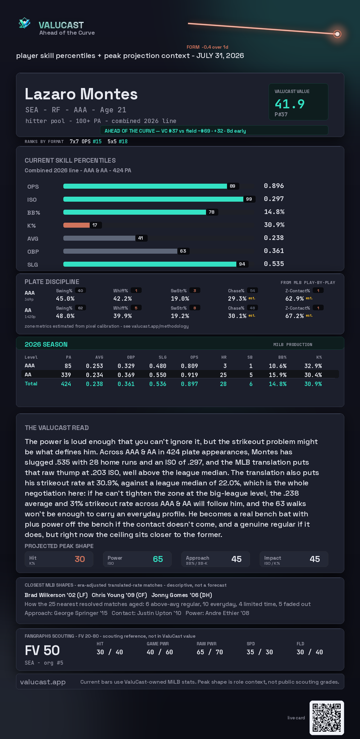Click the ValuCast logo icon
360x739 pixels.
(24, 23)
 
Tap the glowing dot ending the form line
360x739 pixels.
(337, 34)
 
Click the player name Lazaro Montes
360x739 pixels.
(81, 94)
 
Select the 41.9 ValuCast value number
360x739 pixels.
(290, 104)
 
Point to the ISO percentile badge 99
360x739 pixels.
(249, 199)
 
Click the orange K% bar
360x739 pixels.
(76, 225)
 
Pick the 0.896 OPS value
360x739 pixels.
(274, 186)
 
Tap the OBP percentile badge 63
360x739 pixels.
(183, 251)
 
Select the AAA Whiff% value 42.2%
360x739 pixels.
(122, 299)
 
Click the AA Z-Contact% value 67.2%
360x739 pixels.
(294, 316)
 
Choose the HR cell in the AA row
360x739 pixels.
(223, 375)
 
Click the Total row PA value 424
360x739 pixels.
(66, 384)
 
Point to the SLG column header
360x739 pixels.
(162, 357)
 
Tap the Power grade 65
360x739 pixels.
(158, 559)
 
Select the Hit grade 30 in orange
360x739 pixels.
(80, 559)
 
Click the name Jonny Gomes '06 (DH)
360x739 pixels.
(182, 595)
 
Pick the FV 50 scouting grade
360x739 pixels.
(42, 650)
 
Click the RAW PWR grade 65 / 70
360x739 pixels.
(210, 652)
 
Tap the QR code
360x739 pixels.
(327, 718)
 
